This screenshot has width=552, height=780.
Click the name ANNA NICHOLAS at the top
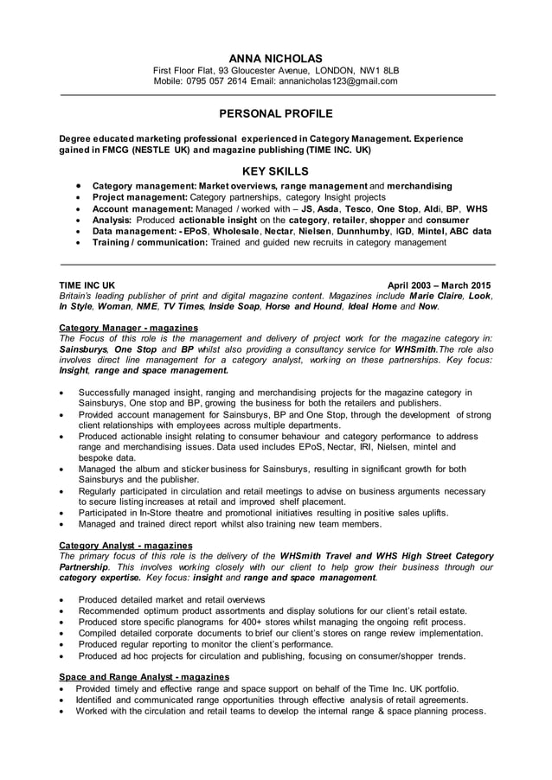click(276, 57)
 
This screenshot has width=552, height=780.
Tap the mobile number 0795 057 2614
click(215, 81)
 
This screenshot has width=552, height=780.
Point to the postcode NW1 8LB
click(378, 70)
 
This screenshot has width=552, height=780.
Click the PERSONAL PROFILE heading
click(275, 113)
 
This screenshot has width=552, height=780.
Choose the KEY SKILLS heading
click(275, 171)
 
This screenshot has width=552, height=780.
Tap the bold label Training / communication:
click(150, 243)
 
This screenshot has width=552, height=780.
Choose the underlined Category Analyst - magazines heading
click(125, 546)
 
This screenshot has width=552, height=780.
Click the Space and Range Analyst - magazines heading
click(144, 676)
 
